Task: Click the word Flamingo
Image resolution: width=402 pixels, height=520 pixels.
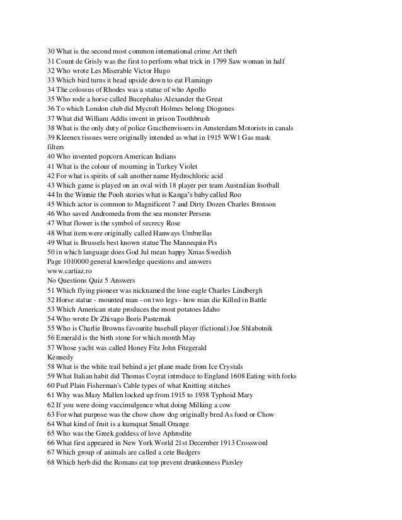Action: point(202,81)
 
